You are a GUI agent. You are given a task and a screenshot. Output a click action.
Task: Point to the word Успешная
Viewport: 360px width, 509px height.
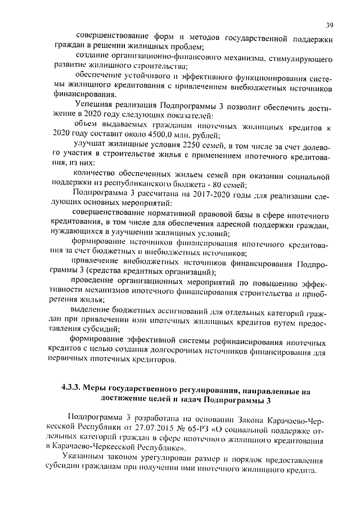94,104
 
